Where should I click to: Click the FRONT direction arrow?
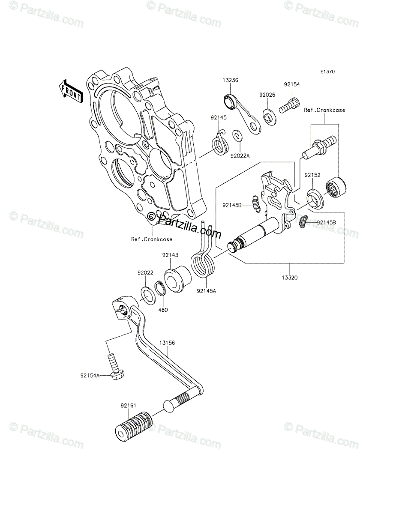coord(70,90)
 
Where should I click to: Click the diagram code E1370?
coord(327,72)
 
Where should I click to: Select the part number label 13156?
coord(167,343)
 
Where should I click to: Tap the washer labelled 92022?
coord(147,296)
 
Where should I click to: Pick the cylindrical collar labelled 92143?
coord(176,280)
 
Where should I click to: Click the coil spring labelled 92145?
coord(220,143)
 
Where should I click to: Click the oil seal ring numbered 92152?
coord(315,198)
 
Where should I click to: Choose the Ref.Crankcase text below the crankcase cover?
coord(152,239)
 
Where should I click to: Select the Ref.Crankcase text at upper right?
coord(324,110)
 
